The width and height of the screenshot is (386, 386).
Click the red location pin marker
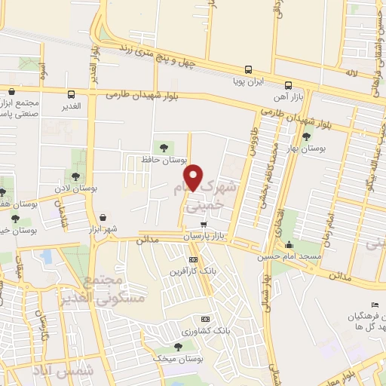tap(194, 177)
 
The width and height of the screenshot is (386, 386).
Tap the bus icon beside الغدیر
tap(71, 95)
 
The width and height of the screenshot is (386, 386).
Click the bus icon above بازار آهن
tap(289, 84)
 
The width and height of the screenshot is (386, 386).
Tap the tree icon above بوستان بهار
tap(305, 136)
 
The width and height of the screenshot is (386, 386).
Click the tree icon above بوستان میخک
tap(178, 346)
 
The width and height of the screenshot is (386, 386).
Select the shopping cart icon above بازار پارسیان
tap(204, 225)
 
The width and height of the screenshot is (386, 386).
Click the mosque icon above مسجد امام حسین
tap(289, 245)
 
